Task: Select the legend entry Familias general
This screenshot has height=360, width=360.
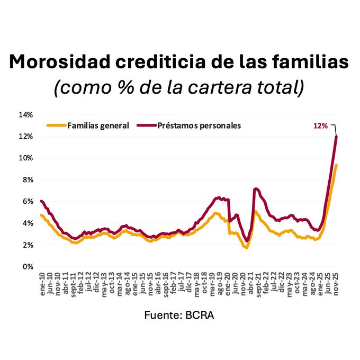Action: point(98,125)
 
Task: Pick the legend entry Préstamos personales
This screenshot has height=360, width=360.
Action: point(199,125)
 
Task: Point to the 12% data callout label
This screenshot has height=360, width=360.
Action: point(320,125)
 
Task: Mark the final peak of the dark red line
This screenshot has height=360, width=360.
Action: point(336,137)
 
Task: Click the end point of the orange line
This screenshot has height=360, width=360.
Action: point(336,165)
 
